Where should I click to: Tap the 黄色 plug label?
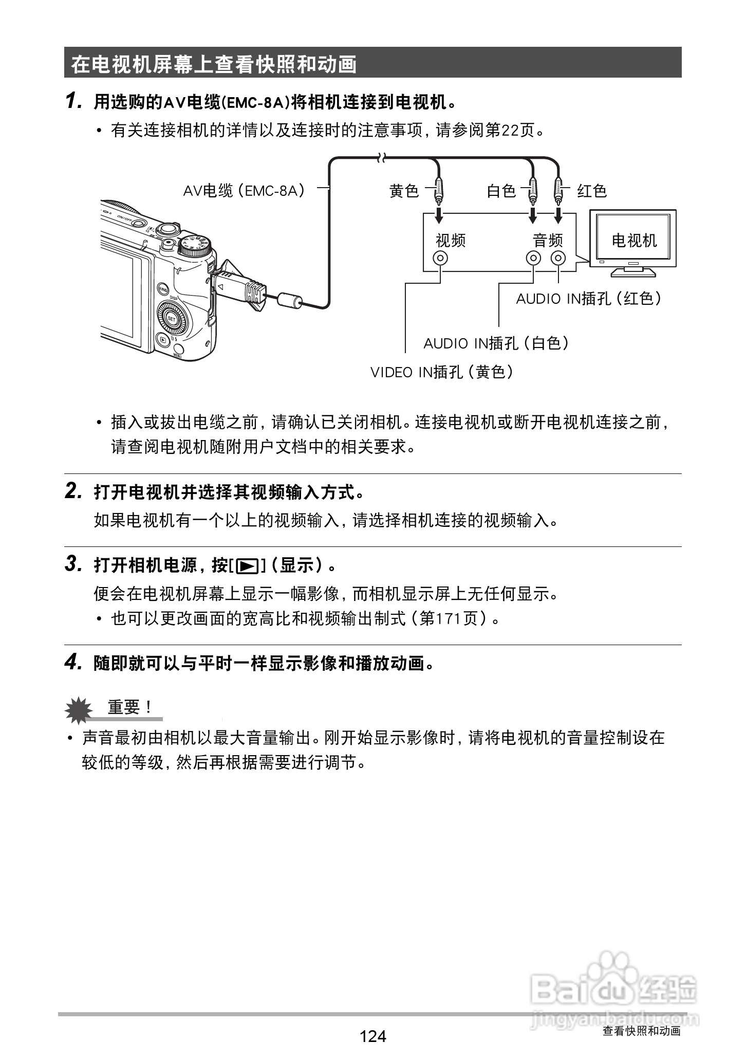(404, 191)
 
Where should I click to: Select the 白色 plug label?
(501, 191)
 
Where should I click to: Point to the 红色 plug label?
(592, 191)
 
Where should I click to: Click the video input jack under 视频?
(440, 258)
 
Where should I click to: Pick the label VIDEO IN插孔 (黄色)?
(442, 372)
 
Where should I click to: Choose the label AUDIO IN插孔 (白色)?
(496, 343)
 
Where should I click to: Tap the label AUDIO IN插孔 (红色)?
(588, 298)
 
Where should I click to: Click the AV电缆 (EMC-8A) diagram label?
(245, 191)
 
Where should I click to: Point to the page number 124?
(373, 1036)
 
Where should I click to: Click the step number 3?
(72, 564)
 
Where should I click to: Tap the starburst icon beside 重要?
(79, 709)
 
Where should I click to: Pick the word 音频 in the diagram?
(548, 240)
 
